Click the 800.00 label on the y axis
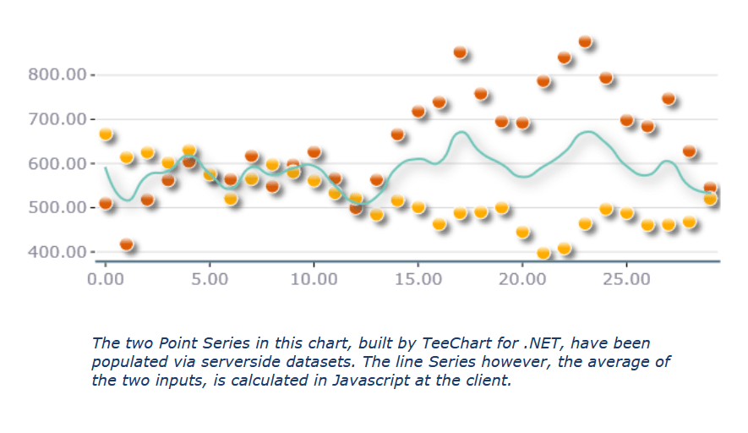[x=57, y=75]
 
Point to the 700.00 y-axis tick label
[x=57, y=119]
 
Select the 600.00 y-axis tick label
[x=57, y=163]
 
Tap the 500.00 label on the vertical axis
[x=57, y=207]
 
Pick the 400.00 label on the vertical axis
[x=57, y=252]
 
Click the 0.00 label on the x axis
[x=106, y=277]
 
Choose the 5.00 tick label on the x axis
[x=210, y=277]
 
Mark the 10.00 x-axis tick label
[x=314, y=277]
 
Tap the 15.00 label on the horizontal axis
[x=418, y=277]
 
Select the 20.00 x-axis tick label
[x=522, y=277]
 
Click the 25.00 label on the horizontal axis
[x=626, y=277]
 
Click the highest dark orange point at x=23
[x=585, y=41]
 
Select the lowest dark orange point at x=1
[x=127, y=244]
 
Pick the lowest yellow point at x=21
[x=543, y=252]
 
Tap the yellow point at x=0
[x=106, y=134]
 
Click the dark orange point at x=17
[x=460, y=52]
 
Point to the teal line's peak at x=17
[x=461, y=132]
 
